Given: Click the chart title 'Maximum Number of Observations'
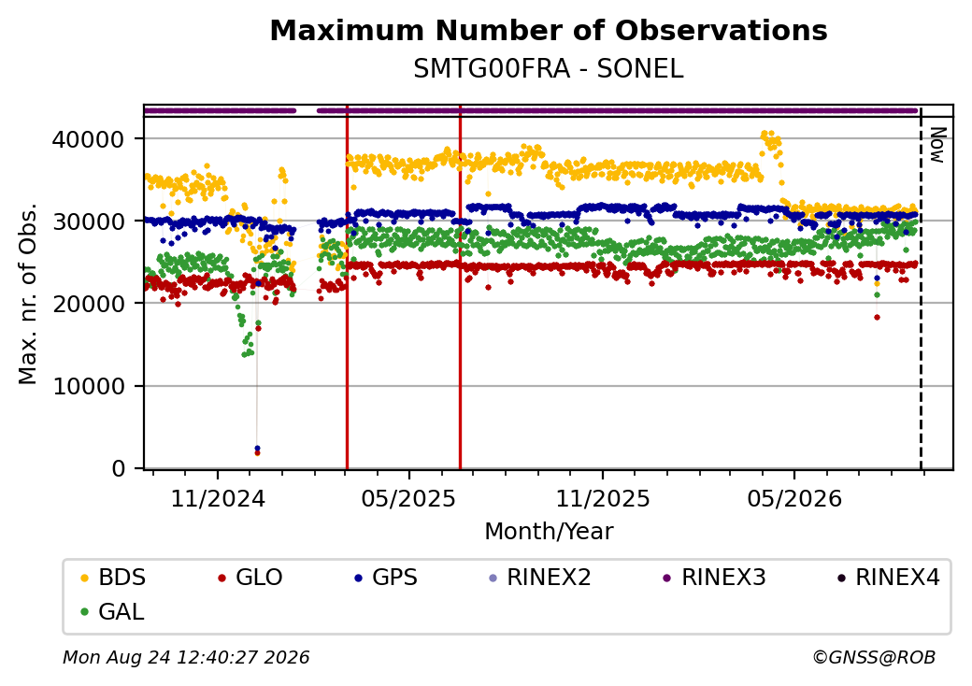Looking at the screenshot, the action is pyautogui.click(x=549, y=30).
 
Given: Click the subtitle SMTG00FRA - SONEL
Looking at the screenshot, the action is pyautogui.click(x=549, y=69).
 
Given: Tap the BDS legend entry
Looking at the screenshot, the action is pyautogui.click(x=113, y=578).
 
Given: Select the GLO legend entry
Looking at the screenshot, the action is pyautogui.click(x=250, y=578).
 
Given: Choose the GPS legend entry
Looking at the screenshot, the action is pyautogui.click(x=386, y=578).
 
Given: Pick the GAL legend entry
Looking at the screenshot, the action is pyautogui.click(x=113, y=611).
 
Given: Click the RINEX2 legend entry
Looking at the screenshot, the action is pyautogui.click(x=540, y=578).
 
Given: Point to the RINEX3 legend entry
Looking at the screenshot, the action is pyautogui.click(x=715, y=578).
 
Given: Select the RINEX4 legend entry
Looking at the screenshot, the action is pyautogui.click(x=888, y=578).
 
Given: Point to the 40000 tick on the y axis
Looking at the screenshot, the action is pyautogui.click(x=88, y=139).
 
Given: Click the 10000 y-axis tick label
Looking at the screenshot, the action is pyautogui.click(x=88, y=386).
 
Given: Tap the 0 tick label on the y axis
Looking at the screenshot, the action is pyautogui.click(x=119, y=468).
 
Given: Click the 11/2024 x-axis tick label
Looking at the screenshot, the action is pyautogui.click(x=218, y=499).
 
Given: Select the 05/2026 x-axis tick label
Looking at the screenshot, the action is pyautogui.click(x=794, y=499).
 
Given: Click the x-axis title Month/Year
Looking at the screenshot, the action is pyautogui.click(x=549, y=532).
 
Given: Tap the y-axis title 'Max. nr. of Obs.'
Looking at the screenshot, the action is pyautogui.click(x=28, y=293).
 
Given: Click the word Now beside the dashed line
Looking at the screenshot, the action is pyautogui.click(x=938, y=145).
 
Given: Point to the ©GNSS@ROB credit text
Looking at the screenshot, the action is pyautogui.click(x=874, y=657).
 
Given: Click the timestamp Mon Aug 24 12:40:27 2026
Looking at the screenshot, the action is pyautogui.click(x=186, y=657).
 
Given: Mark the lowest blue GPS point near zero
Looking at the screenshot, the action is pyautogui.click(x=257, y=448).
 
